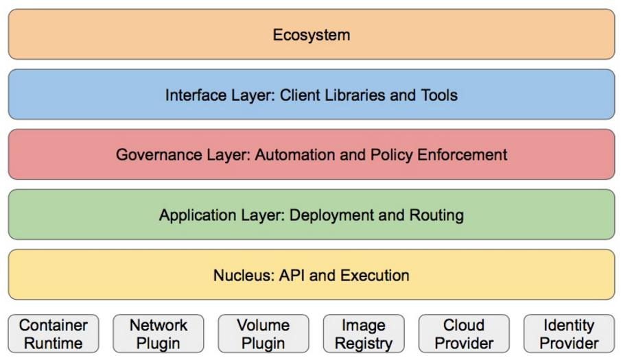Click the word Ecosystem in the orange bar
(x=312, y=35)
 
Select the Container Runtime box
(x=54, y=333)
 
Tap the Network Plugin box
(x=159, y=333)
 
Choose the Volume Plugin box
(x=263, y=333)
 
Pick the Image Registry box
(x=364, y=333)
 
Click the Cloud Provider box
(x=464, y=333)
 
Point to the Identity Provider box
(x=569, y=333)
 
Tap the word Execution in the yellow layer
(x=375, y=276)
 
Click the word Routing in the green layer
(x=436, y=215)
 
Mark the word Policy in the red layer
(x=391, y=155)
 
